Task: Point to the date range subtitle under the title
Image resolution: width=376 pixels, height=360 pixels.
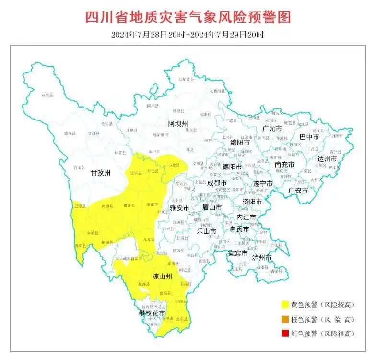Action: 188,35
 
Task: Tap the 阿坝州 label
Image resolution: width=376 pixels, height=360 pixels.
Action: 178,124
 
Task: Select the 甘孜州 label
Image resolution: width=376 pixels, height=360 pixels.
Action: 101,174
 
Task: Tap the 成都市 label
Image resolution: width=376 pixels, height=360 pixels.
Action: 217,183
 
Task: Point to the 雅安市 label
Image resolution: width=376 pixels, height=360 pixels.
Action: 179,208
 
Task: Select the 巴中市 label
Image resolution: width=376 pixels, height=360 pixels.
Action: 309,137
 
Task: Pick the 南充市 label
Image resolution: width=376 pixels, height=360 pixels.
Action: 285,164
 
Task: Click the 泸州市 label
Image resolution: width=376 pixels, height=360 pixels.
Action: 262,258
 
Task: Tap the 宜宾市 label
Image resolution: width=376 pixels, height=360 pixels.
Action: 237,253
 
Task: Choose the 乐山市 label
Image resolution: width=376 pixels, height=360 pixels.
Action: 207,231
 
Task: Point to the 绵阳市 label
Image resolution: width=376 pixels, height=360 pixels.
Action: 240,143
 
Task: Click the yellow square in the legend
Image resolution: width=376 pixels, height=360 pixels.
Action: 285,304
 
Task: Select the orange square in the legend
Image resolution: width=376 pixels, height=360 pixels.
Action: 285,318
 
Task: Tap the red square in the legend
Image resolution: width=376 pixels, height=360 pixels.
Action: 285,333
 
